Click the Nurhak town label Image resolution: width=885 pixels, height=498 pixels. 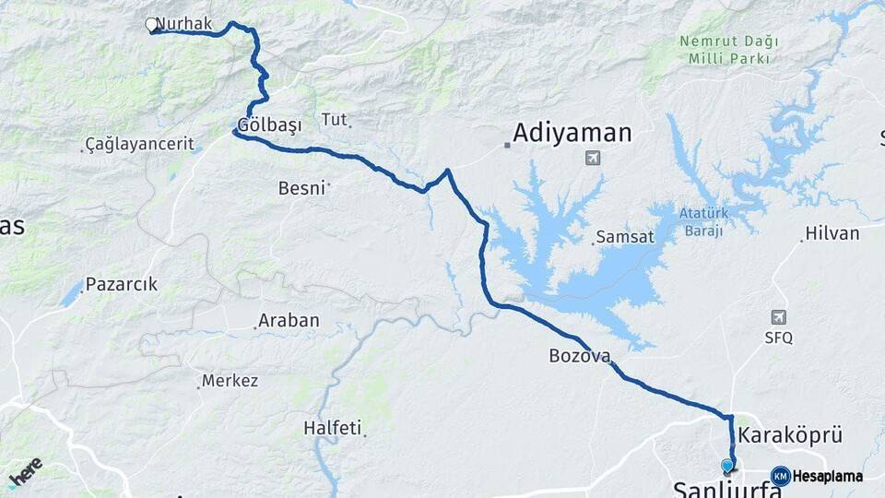pyautogui.click(x=184, y=24)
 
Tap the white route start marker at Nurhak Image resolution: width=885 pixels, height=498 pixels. pyautogui.click(x=152, y=26)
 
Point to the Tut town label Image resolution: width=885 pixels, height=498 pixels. pyautogui.click(x=333, y=119)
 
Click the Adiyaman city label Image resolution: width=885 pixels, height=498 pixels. pyautogui.click(x=572, y=133)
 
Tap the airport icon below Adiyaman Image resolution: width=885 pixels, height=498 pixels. pyautogui.click(x=592, y=159)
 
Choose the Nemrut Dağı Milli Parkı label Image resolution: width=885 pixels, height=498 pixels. pyautogui.click(x=728, y=50)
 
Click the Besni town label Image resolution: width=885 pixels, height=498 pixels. pyautogui.click(x=301, y=188)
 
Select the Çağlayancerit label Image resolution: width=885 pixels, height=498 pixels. pyautogui.click(x=139, y=144)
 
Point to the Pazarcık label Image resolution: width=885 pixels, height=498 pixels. pyautogui.click(x=122, y=285)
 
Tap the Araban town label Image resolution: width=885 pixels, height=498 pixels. pyautogui.click(x=289, y=321)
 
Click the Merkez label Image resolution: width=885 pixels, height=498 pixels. pyautogui.click(x=230, y=380)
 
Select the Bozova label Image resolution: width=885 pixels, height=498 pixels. pyautogui.click(x=579, y=355)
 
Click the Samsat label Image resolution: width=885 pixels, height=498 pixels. pyautogui.click(x=625, y=237)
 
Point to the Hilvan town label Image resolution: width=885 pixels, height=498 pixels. pyautogui.click(x=832, y=233)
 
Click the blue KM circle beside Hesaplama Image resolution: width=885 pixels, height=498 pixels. pyautogui.click(x=780, y=476)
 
